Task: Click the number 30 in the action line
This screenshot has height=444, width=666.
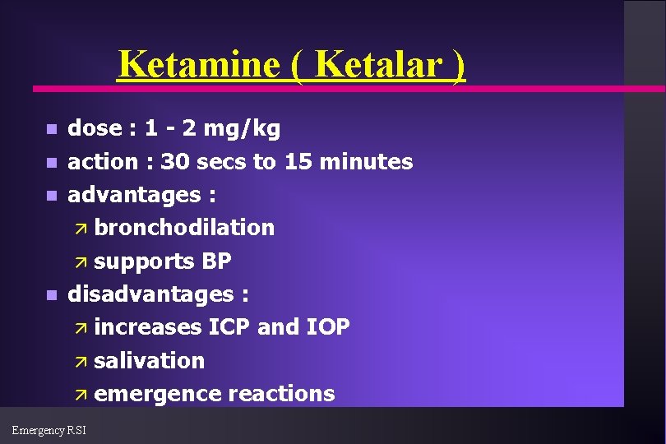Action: pos(173,162)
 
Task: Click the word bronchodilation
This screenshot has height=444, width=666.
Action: pos(184,228)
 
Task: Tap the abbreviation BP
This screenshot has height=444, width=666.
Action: pos(216,261)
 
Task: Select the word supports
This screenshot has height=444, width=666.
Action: pos(143,261)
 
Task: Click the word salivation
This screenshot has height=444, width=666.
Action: pos(149,361)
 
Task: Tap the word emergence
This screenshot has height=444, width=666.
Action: pos(158,394)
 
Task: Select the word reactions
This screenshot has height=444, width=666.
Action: pos(281,394)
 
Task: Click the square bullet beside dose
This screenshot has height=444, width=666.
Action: pos(52,130)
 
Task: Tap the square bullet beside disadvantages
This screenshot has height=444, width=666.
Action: pos(52,295)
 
